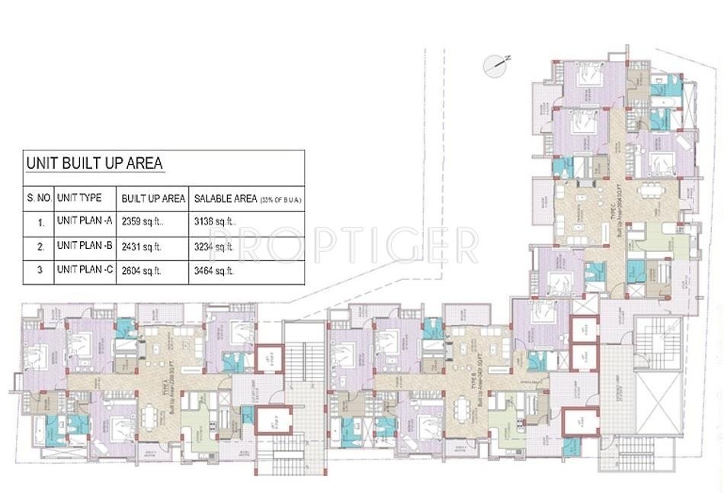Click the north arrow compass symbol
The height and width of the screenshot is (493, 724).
pos(496,65)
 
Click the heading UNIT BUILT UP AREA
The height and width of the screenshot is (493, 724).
pos(95,163)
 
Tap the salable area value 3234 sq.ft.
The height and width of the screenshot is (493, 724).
pos(214,246)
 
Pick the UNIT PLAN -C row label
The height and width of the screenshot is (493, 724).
pos(85,270)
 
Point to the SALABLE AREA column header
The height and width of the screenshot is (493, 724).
pos(226,198)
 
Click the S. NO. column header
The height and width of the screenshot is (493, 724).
pos(39,198)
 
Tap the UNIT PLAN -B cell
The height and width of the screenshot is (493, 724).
pos(85,246)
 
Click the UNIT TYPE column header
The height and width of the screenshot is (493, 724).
pos(79,198)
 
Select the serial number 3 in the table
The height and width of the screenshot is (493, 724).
pos(39,270)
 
